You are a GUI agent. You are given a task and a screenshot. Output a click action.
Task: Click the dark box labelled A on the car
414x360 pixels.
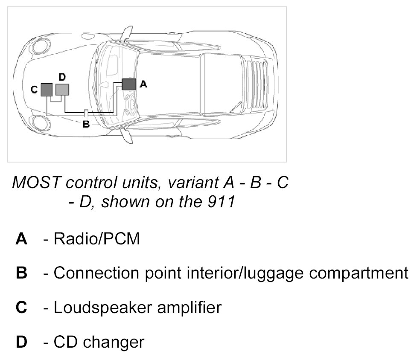point(128,84)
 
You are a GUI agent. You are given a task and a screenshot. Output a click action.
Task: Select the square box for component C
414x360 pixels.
point(47,90)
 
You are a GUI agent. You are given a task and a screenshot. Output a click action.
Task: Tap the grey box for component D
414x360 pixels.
point(62,89)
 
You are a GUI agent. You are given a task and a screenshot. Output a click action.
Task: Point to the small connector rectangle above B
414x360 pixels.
point(86,113)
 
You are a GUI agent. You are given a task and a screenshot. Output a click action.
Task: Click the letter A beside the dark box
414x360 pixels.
point(143,84)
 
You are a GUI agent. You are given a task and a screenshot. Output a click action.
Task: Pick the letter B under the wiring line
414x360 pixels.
point(85,125)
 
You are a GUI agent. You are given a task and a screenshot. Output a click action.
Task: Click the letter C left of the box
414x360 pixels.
point(34,90)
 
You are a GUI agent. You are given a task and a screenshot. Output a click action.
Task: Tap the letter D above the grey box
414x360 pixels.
point(62,77)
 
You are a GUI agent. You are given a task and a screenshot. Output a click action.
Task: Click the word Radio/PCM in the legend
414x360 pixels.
point(97,239)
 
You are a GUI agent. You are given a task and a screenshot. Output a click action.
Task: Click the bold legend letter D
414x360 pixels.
point(21,342)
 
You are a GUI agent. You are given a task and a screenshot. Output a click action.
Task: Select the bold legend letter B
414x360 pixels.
point(21,273)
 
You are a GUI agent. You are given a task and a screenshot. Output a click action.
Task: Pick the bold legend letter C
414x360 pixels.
point(21,307)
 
